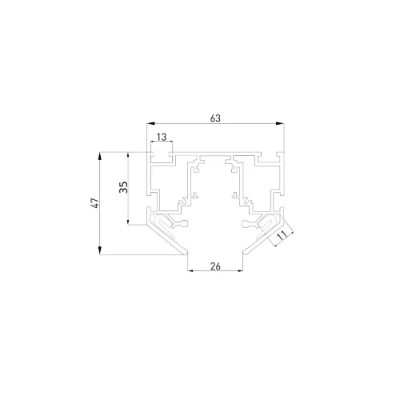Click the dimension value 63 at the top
(215, 118)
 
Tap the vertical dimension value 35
(122, 188)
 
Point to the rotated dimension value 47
(94, 203)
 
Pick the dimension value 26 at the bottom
(215, 266)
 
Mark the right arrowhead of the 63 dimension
(283, 125)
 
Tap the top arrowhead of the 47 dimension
(102, 153)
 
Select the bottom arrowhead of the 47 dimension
(102, 253)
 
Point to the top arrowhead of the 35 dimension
(130, 153)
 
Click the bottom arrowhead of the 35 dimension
(130, 225)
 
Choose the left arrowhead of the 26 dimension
(189, 272)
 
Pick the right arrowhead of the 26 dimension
(242, 272)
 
